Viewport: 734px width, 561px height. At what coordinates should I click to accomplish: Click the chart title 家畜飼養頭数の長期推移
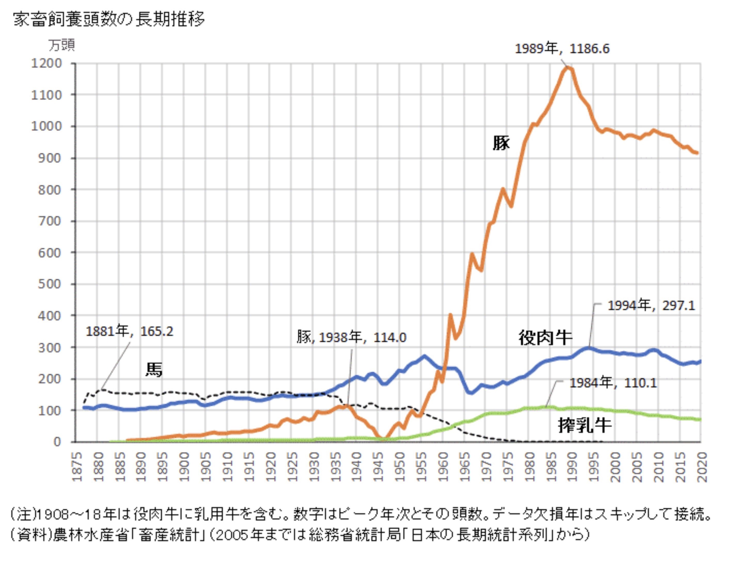coord(109,19)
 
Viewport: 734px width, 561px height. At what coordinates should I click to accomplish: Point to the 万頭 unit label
coord(61,45)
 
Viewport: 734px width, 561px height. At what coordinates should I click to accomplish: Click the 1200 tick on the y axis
coord(47,63)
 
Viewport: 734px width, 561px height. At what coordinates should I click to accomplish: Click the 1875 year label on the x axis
coord(77,467)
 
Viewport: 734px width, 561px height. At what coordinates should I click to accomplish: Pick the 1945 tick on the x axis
coord(378,467)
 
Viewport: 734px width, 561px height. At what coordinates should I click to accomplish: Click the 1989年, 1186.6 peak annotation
coord(562,49)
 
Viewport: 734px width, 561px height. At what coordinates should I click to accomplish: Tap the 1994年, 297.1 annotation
coord(651,306)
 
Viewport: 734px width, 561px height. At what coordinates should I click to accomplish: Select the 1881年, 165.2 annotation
coord(129,331)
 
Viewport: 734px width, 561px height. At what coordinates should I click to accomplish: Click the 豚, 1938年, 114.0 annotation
coord(351,337)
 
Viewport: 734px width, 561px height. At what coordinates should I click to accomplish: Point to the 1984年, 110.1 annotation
coord(613,383)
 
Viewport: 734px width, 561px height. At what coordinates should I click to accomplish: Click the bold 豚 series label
coord(501,143)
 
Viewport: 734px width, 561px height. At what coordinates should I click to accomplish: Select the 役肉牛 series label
coord(545,338)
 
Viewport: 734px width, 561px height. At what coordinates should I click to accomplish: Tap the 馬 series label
coord(154,370)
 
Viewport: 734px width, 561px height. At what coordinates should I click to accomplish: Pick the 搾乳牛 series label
coord(585,425)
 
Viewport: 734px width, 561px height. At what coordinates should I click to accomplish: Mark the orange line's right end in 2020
coord(697,153)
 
